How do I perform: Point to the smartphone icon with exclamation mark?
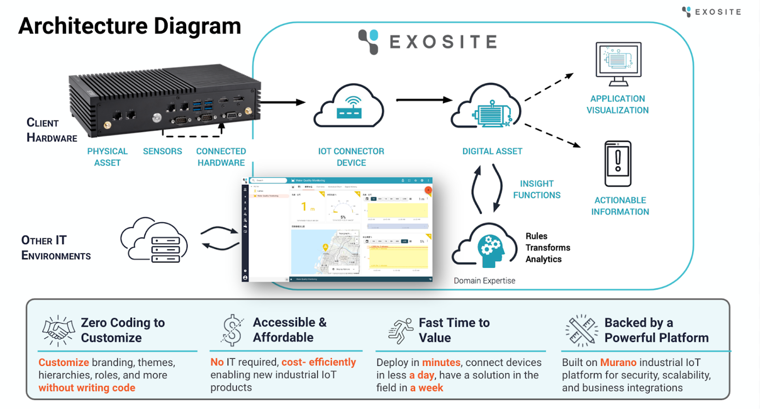tap(618, 164)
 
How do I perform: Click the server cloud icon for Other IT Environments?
tap(155, 240)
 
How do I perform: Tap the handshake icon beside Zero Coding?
tap(58, 330)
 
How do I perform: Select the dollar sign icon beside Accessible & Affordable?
tap(232, 330)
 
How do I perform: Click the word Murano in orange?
tap(618, 363)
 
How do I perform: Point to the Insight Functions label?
tap(537, 190)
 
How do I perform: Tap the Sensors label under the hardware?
tap(162, 151)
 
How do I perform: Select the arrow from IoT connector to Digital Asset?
tap(424, 100)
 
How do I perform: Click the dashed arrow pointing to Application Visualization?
tap(549, 87)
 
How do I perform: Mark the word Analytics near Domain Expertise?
tap(543, 259)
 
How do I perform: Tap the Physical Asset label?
tap(107, 157)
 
